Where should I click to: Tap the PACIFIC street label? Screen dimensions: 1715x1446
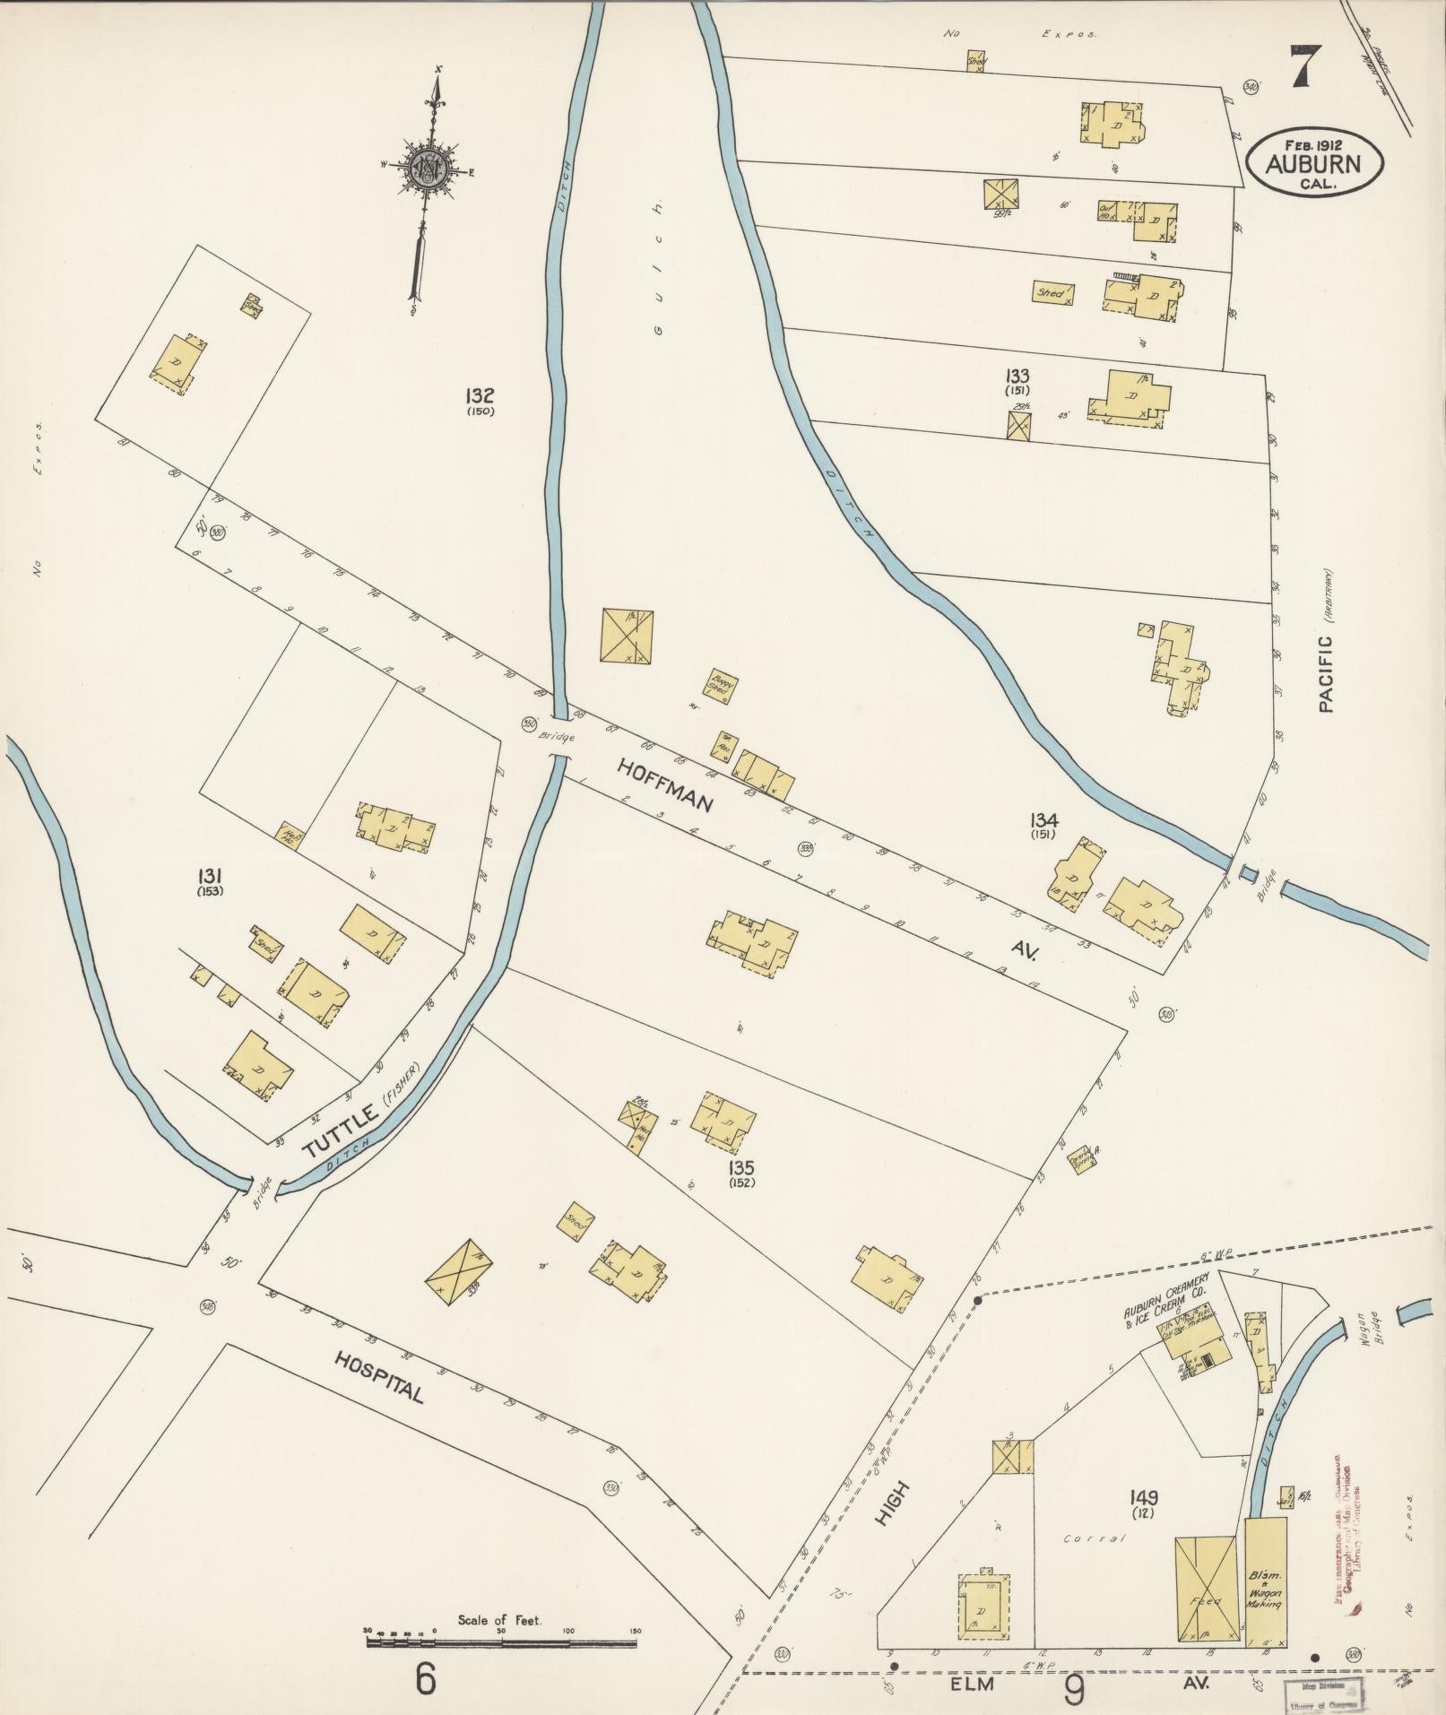pyautogui.click(x=1326, y=673)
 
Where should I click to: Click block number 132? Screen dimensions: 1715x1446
pyautogui.click(x=481, y=395)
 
